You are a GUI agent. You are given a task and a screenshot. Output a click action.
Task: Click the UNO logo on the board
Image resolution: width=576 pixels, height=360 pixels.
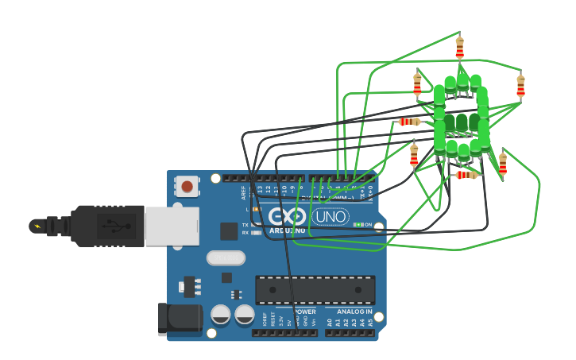tap(330, 216)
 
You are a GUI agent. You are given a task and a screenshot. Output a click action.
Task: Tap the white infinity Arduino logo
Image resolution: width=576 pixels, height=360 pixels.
tap(287, 215)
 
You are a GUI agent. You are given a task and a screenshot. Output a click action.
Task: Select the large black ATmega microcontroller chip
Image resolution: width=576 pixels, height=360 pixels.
tap(315, 289)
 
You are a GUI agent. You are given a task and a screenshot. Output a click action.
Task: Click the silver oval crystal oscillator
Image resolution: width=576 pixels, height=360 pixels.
tap(226, 257)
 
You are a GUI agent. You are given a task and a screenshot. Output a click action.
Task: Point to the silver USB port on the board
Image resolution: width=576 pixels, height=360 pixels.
tap(171, 226)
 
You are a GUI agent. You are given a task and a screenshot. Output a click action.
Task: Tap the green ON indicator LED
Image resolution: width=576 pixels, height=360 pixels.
tap(359, 225)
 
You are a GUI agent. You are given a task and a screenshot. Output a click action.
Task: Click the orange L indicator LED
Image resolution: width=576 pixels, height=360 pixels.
tap(256, 209)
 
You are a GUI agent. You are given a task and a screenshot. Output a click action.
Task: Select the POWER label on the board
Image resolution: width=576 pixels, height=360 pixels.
tap(305, 312)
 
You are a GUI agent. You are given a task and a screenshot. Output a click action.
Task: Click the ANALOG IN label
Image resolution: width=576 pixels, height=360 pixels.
tap(354, 312)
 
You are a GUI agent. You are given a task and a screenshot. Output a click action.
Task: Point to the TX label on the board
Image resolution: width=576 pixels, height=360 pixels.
tap(245, 225)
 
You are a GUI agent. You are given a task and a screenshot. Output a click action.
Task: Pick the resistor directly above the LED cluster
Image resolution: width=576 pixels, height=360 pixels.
tap(459, 48)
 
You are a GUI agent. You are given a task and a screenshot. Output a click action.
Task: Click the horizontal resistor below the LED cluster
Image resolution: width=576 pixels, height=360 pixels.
tap(466, 175)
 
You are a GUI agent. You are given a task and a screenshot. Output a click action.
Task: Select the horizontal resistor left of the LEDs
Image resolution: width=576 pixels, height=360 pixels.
tap(409, 122)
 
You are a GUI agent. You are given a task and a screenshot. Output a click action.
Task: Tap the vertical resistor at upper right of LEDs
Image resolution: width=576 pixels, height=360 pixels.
tap(520, 85)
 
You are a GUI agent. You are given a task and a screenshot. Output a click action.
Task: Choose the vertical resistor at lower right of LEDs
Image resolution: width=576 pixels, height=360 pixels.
tap(502, 163)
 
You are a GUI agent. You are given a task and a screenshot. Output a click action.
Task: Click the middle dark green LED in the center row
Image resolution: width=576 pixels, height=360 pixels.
tap(462, 122)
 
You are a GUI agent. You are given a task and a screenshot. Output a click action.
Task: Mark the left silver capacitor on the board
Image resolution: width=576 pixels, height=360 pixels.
tap(221, 315)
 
